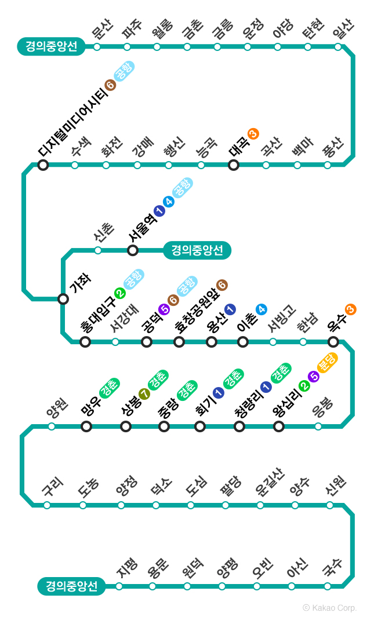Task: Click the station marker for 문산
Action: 97,47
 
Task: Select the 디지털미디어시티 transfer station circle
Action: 43,165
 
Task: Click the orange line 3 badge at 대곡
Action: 253,134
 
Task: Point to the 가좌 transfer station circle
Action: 63,299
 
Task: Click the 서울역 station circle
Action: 133,250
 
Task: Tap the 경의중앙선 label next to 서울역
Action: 197,250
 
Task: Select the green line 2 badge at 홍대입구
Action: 120,293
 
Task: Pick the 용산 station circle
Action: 212,342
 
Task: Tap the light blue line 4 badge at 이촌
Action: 262,309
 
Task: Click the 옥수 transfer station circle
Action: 333,342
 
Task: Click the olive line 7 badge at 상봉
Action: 144,395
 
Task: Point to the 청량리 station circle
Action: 239,426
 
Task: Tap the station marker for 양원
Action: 52,426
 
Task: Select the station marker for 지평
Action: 119,586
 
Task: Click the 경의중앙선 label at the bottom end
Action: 71,586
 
